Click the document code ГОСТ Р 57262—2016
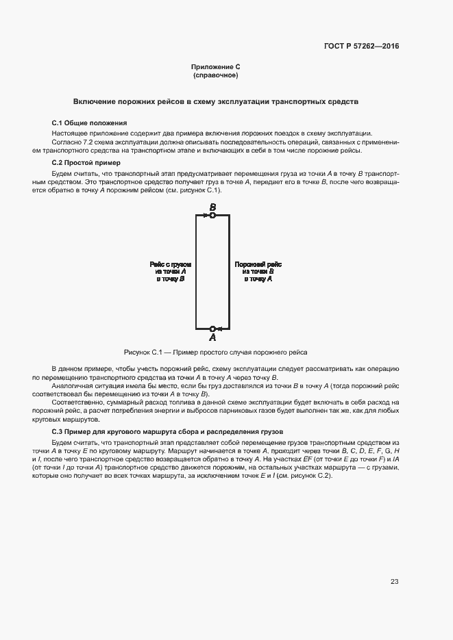coord(361,47)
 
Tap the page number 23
coord(394,582)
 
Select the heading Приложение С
coord(215,67)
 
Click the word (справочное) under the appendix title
coord(215,75)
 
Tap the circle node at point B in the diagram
coord(212,216)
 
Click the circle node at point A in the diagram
coord(212,329)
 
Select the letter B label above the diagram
coord(212,207)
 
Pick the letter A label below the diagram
coord(212,338)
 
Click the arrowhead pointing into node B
coord(206,216)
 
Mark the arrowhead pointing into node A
coord(219,329)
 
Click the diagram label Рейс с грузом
coord(171,264)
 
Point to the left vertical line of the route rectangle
coord(196,272)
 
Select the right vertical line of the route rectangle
coord(229,272)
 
